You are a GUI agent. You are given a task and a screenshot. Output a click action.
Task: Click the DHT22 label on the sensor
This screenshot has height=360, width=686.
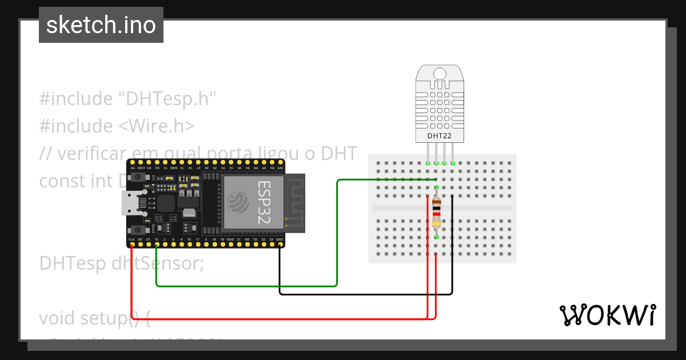pyautogui.click(x=440, y=136)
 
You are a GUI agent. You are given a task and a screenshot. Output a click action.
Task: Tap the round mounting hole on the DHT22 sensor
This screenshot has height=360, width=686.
pyautogui.click(x=440, y=74)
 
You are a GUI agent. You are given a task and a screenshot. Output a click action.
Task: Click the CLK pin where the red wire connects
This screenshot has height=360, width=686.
pyautogui.click(x=132, y=245)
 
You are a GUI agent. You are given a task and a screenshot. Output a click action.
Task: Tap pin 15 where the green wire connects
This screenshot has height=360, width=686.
pyautogui.click(x=157, y=245)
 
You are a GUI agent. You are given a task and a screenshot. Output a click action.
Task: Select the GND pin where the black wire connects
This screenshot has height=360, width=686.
pyautogui.click(x=280, y=245)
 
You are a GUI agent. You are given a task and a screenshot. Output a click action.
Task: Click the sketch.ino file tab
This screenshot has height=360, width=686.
pyautogui.click(x=101, y=25)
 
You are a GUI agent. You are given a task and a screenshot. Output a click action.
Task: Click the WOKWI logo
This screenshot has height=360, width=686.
pyautogui.click(x=607, y=315)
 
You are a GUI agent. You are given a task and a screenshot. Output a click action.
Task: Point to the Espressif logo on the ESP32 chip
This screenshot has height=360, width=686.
pyautogui.click(x=237, y=202)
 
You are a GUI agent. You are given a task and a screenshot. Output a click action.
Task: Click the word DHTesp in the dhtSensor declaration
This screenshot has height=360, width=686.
pyautogui.click(x=73, y=263)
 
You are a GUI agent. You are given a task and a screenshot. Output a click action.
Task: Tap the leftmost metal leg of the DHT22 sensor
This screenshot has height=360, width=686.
pyautogui.click(x=428, y=153)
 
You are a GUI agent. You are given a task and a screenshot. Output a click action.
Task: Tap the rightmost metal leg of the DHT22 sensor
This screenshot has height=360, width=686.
pyautogui.click(x=453, y=153)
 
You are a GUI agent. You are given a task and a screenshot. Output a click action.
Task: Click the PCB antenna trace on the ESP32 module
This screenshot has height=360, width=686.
pyautogui.click(x=295, y=203)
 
